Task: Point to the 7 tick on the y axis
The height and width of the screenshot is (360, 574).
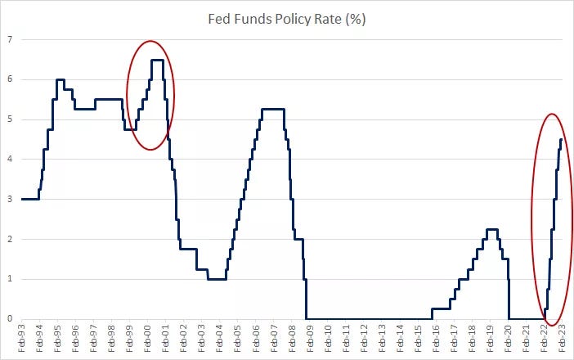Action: point(10,39)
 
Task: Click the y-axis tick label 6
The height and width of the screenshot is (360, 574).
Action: point(10,79)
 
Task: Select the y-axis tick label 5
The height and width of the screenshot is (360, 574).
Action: point(10,119)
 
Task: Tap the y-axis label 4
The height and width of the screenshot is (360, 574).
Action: point(10,159)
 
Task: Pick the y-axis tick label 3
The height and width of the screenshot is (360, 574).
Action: point(10,199)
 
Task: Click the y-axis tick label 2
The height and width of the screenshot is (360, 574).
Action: point(10,239)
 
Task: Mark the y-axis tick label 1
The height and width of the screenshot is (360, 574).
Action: point(10,279)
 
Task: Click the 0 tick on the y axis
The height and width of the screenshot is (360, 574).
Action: point(10,318)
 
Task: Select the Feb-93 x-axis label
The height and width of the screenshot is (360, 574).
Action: point(22,339)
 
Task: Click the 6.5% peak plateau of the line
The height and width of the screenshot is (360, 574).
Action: point(157,60)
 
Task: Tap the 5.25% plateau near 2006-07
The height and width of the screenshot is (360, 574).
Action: point(272,110)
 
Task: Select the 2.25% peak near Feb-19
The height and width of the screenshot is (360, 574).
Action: point(491,229)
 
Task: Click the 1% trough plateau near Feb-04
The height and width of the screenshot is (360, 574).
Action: point(217,279)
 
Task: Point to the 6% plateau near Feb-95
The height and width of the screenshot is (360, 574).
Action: point(60,79)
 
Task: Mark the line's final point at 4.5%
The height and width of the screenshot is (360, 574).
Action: point(561,139)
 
